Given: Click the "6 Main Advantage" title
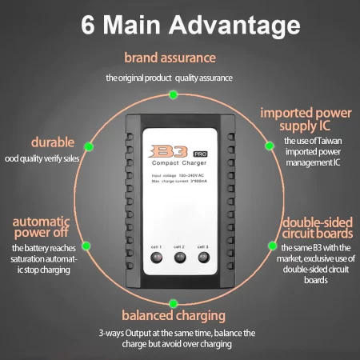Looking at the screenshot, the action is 190,25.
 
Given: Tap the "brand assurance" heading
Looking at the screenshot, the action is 170,58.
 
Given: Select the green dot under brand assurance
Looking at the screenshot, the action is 174,94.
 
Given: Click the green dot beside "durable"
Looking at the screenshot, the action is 89,146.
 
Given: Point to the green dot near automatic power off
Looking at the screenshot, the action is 86,246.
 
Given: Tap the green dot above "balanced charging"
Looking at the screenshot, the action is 174,303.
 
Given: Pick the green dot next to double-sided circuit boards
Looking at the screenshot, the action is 272,246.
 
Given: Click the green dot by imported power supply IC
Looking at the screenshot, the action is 270,146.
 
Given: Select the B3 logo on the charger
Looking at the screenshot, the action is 169,151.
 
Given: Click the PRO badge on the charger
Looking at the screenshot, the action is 200,154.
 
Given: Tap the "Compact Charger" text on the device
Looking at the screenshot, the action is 179,163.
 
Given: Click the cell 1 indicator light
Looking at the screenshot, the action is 156,258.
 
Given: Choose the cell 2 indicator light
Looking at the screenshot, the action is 180,258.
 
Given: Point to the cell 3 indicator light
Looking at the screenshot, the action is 204,258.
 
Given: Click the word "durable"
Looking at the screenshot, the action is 53,142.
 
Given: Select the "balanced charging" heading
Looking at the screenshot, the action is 174,315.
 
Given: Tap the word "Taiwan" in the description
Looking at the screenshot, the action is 330,141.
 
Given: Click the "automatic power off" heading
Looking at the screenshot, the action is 41,227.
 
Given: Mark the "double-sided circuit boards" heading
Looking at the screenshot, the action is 318,228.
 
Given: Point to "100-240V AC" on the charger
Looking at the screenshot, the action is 191,175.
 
